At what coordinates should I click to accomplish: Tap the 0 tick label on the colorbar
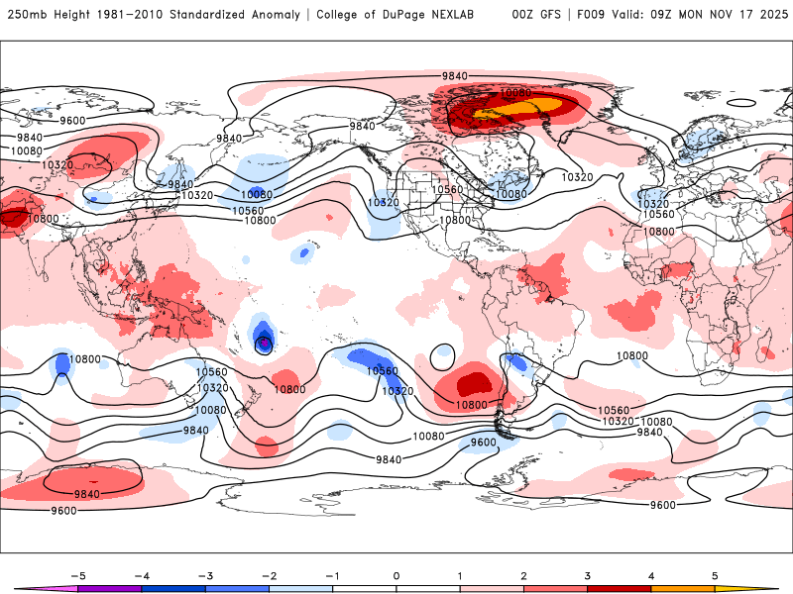coord(396,575)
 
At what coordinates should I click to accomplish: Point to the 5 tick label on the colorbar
coord(715,575)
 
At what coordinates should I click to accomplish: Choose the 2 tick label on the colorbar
coord(524,575)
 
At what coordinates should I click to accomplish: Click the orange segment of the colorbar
coord(682,588)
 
